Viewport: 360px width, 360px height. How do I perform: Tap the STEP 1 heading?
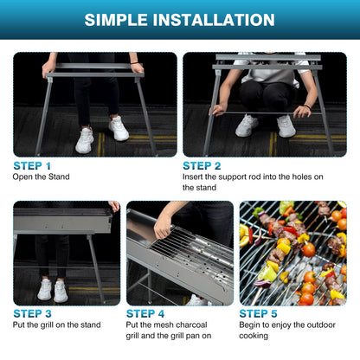(x=32, y=164)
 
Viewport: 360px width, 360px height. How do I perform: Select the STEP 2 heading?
(x=202, y=164)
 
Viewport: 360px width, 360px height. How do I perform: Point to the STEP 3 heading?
(x=32, y=313)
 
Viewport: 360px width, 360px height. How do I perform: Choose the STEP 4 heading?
(x=145, y=313)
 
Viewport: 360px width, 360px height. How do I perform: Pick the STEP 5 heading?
(x=259, y=313)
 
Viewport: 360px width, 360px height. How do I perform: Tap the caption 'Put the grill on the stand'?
(x=55, y=325)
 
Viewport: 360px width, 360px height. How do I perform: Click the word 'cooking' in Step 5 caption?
(x=254, y=337)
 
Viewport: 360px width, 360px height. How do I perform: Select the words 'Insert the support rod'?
(x=221, y=177)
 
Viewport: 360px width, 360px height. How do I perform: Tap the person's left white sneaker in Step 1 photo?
(x=85, y=140)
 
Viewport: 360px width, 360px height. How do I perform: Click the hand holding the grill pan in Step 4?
(x=162, y=227)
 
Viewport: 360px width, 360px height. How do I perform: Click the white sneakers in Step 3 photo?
(x=52, y=289)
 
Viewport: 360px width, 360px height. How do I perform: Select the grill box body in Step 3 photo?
(x=61, y=222)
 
